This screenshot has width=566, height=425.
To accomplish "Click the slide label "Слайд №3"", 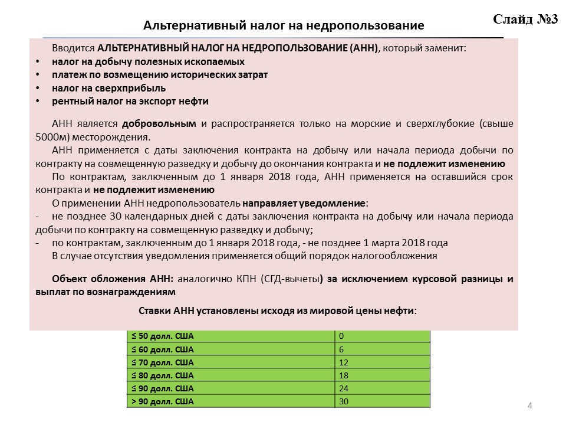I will pyautogui.click(x=525, y=19).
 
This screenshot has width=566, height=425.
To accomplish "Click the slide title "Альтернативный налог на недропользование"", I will pyautogui.click(x=284, y=26).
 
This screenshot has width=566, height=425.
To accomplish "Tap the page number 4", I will pyautogui.click(x=529, y=406).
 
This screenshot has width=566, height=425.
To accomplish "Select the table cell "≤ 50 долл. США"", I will pyautogui.click(x=162, y=336).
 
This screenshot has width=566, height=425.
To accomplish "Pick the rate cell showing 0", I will pyautogui.click(x=341, y=336).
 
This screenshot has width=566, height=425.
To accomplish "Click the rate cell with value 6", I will pyautogui.click(x=341, y=349).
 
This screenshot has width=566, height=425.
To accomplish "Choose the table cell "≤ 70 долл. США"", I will pyautogui.click(x=162, y=362).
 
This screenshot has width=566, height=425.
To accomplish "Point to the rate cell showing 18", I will pyautogui.click(x=343, y=375).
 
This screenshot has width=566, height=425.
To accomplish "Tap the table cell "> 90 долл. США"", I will pyautogui.click(x=162, y=402).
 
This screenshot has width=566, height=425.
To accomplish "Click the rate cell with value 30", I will pyautogui.click(x=343, y=402).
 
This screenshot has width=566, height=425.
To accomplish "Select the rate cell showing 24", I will pyautogui.click(x=343, y=388).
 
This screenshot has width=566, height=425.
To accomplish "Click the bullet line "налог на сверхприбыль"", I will pyautogui.click(x=108, y=88).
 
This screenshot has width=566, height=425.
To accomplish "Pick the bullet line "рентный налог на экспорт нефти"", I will pyautogui.click(x=130, y=101).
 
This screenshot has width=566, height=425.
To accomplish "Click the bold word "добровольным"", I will pyautogui.click(x=159, y=124).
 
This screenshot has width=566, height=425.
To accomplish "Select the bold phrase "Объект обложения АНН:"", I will pyautogui.click(x=113, y=279).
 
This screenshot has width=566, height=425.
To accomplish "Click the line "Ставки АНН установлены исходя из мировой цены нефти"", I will pyautogui.click(x=277, y=310).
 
